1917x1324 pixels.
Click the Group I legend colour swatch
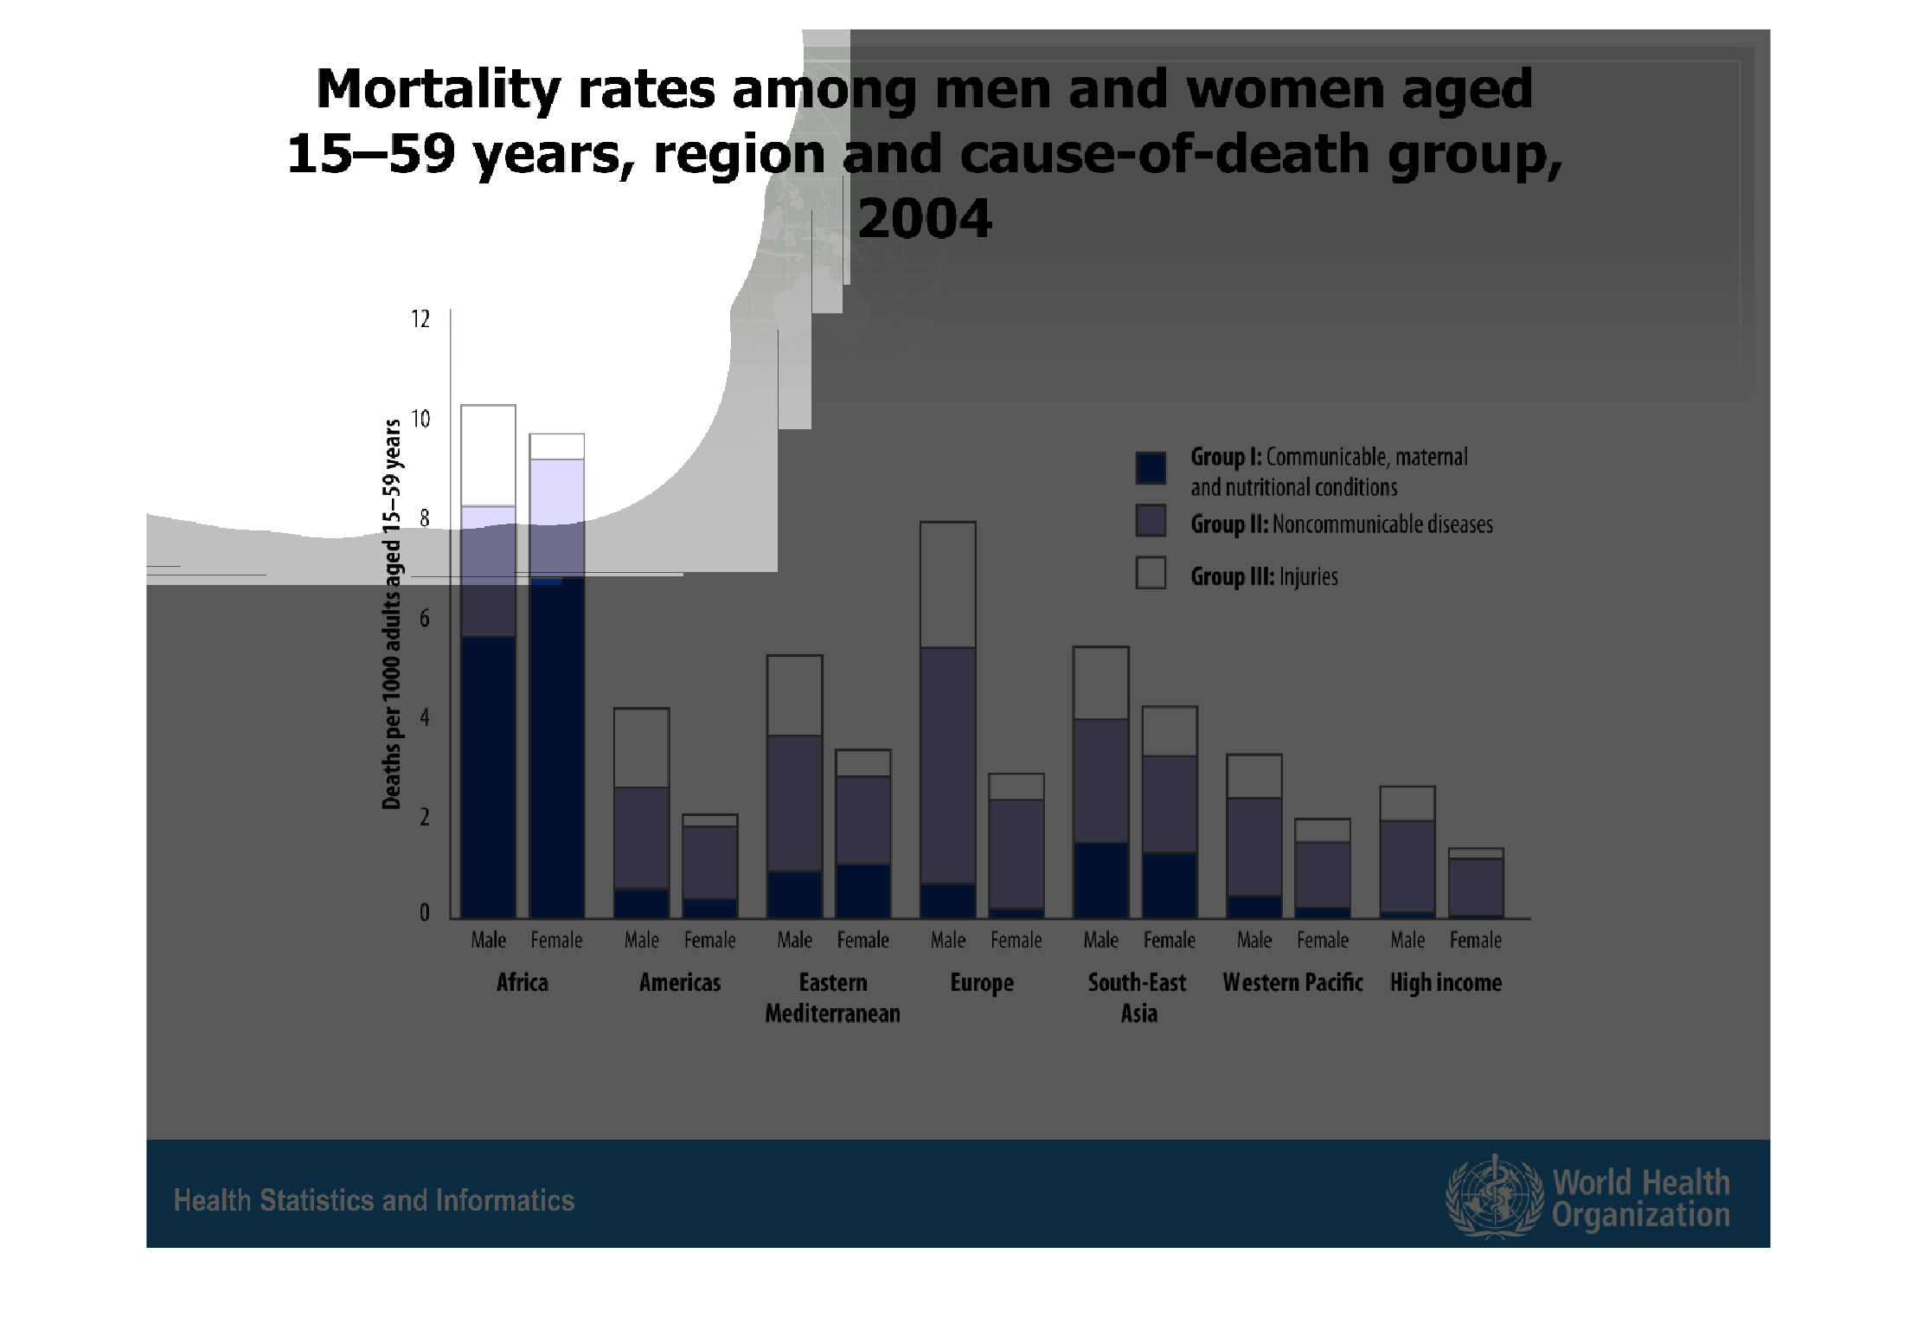coord(1151,467)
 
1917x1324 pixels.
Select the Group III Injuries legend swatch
coord(1151,573)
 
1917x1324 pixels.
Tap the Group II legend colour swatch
coord(1151,521)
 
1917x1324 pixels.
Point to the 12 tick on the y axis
coord(420,320)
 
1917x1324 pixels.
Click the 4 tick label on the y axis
coord(424,717)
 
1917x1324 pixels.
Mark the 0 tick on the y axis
coord(424,913)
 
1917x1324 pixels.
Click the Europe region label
coord(982,983)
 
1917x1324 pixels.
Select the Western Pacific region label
coord(1292,983)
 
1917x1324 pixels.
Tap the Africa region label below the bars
coord(523,983)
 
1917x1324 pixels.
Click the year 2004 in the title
coord(925,218)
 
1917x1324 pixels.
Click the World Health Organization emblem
coord(1494,1197)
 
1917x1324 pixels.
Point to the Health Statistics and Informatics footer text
coord(374,1200)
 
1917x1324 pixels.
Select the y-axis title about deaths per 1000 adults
coord(392,614)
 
